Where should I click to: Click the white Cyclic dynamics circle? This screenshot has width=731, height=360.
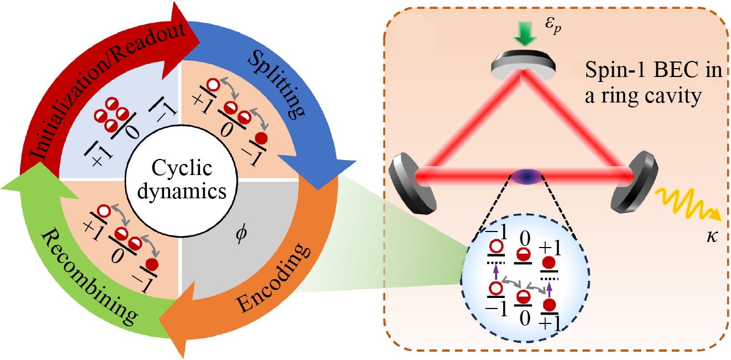point(175,181)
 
